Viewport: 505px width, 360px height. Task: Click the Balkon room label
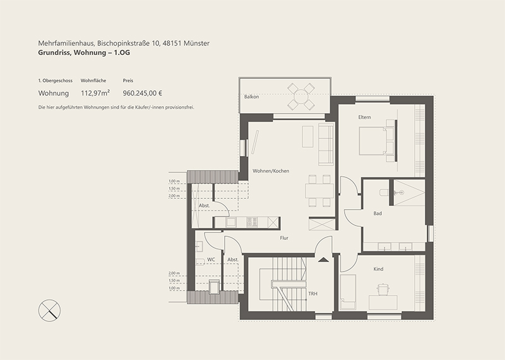point(251,97)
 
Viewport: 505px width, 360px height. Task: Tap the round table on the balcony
point(301,97)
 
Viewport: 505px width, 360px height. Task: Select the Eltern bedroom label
point(364,117)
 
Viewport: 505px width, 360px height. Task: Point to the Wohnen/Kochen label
point(271,171)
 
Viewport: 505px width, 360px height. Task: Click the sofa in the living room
point(326,144)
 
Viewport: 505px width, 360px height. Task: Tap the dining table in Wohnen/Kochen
point(319,191)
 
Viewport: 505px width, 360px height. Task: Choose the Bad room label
point(377,213)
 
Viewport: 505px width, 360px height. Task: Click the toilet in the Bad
point(384,193)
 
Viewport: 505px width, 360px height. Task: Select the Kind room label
point(378,269)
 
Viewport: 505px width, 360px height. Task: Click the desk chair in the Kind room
point(383,289)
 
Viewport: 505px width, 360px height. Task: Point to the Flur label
point(284,238)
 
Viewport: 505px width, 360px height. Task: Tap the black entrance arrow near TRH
point(323,260)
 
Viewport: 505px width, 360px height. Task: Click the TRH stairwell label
point(312,294)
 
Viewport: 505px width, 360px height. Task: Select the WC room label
point(211,260)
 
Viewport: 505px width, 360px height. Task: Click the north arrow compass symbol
point(49,310)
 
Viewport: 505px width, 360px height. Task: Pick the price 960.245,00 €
point(143,93)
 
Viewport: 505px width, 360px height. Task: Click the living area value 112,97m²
point(95,93)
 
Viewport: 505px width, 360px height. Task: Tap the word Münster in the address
point(196,43)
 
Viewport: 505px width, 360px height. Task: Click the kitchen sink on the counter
point(231,222)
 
